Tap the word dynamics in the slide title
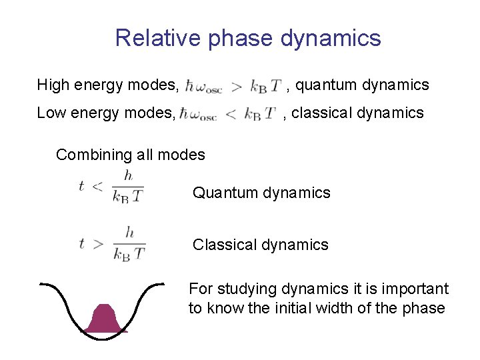tap(331, 38)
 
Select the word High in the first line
tap(52, 85)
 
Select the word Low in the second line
tap(51, 113)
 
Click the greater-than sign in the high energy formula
tap(236, 86)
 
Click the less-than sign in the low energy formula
tap(231, 114)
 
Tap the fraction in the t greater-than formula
tap(129, 243)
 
